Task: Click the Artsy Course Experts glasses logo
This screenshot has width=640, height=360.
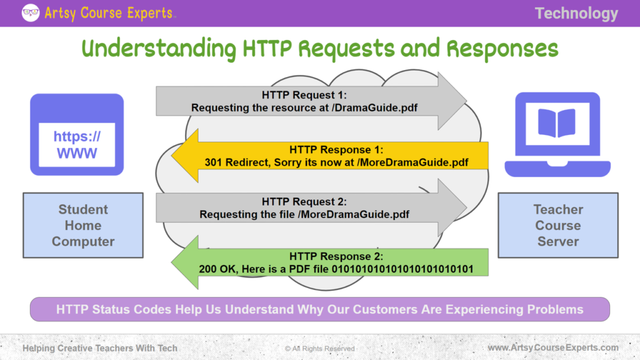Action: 31,12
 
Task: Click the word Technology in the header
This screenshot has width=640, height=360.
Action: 576,13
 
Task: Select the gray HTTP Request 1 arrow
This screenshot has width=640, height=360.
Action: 311,101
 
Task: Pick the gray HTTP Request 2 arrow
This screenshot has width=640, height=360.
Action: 311,208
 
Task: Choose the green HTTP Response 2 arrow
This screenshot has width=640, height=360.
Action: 330,262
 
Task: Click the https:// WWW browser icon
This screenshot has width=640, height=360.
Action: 77,134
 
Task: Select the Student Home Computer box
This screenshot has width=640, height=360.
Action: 83,225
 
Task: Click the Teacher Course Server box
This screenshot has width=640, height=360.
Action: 557,225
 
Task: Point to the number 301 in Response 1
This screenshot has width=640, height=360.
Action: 214,162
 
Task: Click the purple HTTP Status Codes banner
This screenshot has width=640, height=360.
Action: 319,309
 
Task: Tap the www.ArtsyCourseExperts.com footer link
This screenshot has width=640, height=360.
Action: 553,347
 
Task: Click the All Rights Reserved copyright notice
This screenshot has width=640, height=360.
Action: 320,348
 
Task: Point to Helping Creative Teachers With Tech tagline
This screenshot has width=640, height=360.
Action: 100,347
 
